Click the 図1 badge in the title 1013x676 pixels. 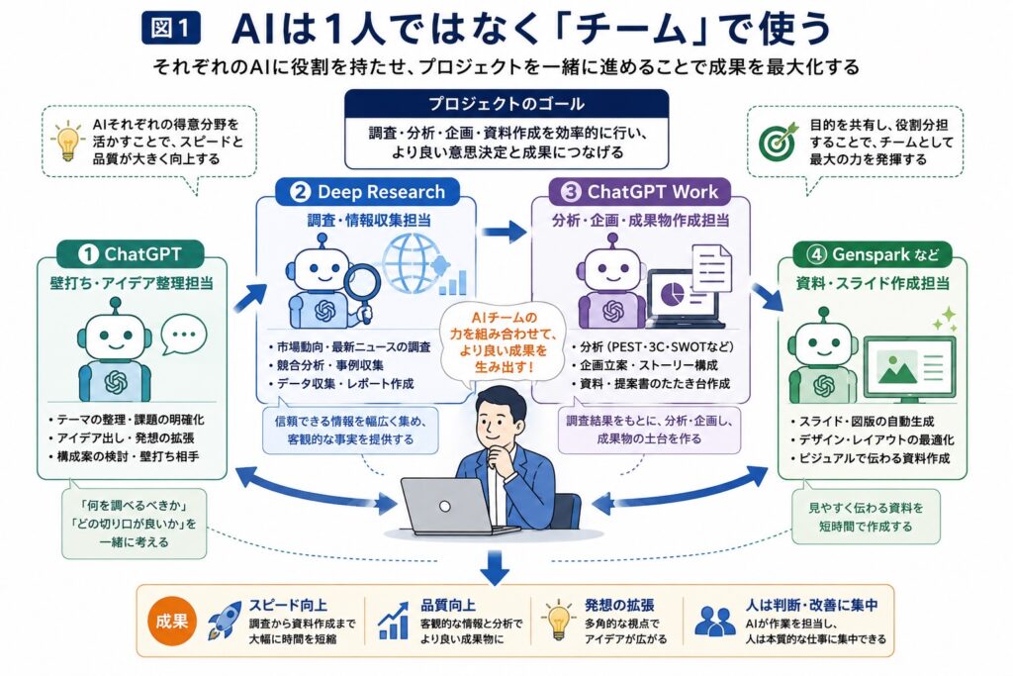(170, 29)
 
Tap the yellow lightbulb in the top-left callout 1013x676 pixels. (67, 141)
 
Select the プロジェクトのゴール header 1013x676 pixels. (506, 103)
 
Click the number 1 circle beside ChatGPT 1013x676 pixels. (88, 254)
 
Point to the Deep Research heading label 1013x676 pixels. (368, 192)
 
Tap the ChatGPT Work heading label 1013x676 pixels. (640, 192)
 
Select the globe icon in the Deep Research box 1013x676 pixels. (414, 263)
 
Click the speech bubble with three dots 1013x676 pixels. (184, 335)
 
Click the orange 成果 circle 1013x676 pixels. (172, 621)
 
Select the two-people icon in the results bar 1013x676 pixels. (714, 621)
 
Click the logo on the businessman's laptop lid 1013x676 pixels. (444, 507)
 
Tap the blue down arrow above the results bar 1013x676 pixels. (495, 567)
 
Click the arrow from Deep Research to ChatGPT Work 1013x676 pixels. (505, 230)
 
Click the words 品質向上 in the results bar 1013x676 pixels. (448, 605)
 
